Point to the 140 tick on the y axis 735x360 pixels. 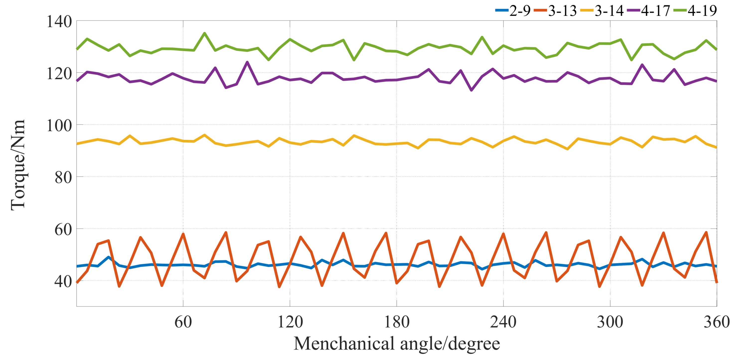coord(59,22)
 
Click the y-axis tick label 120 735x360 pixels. coord(59,73)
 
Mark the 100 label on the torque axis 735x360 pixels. coord(59,126)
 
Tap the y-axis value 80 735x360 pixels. coord(63,177)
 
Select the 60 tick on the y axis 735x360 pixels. coord(63,229)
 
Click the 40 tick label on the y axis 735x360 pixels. coord(63,281)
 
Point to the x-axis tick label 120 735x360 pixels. coord(290,322)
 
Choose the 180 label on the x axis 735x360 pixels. coord(397,322)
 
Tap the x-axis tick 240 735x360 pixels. coord(503,322)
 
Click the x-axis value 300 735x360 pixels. coord(610,322)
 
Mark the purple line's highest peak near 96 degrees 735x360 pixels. coord(247,62)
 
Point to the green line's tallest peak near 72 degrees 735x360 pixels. coord(205,33)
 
